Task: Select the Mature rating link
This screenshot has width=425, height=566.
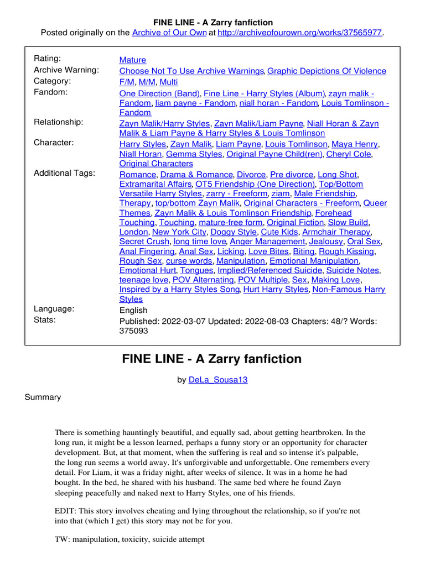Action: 133,60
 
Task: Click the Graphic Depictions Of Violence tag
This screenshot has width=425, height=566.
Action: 327,71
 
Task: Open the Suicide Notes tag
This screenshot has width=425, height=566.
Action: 353,270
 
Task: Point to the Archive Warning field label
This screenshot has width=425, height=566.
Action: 66,70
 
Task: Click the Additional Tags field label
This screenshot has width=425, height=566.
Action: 64,173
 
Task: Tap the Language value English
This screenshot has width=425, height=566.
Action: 133,310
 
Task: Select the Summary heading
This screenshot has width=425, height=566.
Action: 43,397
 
